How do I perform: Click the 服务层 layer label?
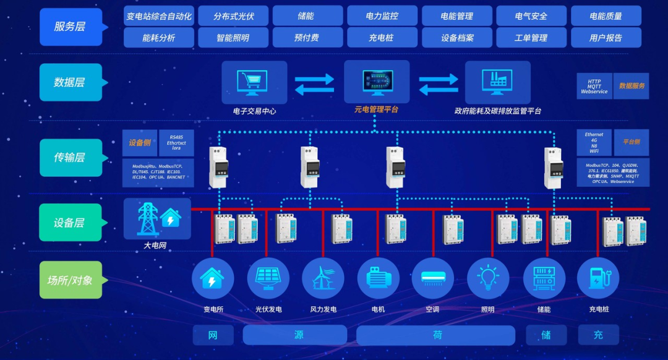click(x=71, y=27)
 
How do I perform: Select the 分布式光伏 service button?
click(x=233, y=16)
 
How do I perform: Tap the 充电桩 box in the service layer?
click(x=381, y=38)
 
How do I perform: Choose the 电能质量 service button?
click(x=606, y=16)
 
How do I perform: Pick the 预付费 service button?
click(x=307, y=38)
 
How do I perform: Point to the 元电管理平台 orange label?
click(x=376, y=109)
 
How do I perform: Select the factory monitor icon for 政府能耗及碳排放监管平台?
click(x=497, y=82)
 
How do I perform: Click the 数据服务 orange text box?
click(x=631, y=86)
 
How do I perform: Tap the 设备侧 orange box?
click(x=140, y=143)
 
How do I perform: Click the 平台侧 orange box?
click(x=631, y=142)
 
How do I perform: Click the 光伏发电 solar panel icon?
click(x=268, y=278)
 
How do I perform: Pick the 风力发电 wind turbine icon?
click(x=323, y=278)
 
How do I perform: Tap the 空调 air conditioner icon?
click(x=432, y=278)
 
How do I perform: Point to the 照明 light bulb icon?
click(x=488, y=278)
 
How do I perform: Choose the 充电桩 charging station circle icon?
click(x=597, y=278)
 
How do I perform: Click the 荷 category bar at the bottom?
click(x=436, y=335)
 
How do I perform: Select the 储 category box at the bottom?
click(x=546, y=335)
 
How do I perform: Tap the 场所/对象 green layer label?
click(x=71, y=280)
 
